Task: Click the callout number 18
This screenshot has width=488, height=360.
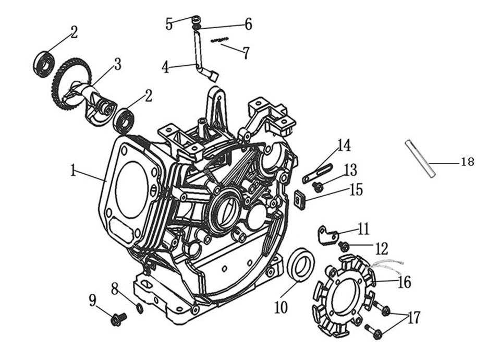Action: (468, 162)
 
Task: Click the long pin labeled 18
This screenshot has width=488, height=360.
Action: (420, 159)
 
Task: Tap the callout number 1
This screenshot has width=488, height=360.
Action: (74, 171)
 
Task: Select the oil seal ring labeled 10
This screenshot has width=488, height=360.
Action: (301, 265)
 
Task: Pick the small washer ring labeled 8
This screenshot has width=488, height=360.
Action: (139, 308)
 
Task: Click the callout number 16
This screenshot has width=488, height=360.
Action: (404, 282)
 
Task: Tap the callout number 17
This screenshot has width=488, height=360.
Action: (414, 318)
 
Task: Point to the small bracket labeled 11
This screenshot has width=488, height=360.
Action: (326, 234)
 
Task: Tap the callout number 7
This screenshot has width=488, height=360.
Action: (246, 53)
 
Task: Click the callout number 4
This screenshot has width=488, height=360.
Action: (165, 68)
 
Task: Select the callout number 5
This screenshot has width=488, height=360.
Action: (169, 23)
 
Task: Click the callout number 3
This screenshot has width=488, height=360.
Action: (117, 64)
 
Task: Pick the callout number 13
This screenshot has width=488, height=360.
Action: (350, 170)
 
